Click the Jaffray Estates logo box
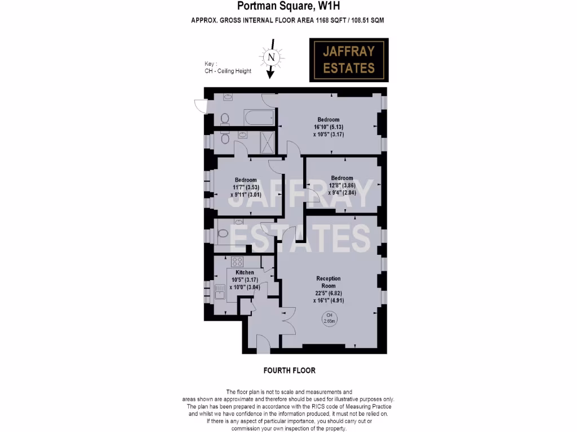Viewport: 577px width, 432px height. click(x=348, y=60)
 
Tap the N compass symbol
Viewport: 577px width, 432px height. click(x=272, y=57)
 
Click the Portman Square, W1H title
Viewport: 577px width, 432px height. click(x=287, y=7)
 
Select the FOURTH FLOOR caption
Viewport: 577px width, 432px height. click(x=289, y=371)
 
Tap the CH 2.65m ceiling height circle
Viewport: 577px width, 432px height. click(x=330, y=318)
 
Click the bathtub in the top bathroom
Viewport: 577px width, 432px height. click(x=259, y=118)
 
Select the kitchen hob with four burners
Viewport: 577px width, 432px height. click(x=237, y=261)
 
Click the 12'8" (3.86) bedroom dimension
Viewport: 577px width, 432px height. click(x=341, y=184)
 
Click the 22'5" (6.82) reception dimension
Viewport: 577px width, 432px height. click(x=329, y=293)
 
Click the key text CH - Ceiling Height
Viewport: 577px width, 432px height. click(x=228, y=71)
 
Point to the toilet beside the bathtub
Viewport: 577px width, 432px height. click(x=225, y=118)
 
